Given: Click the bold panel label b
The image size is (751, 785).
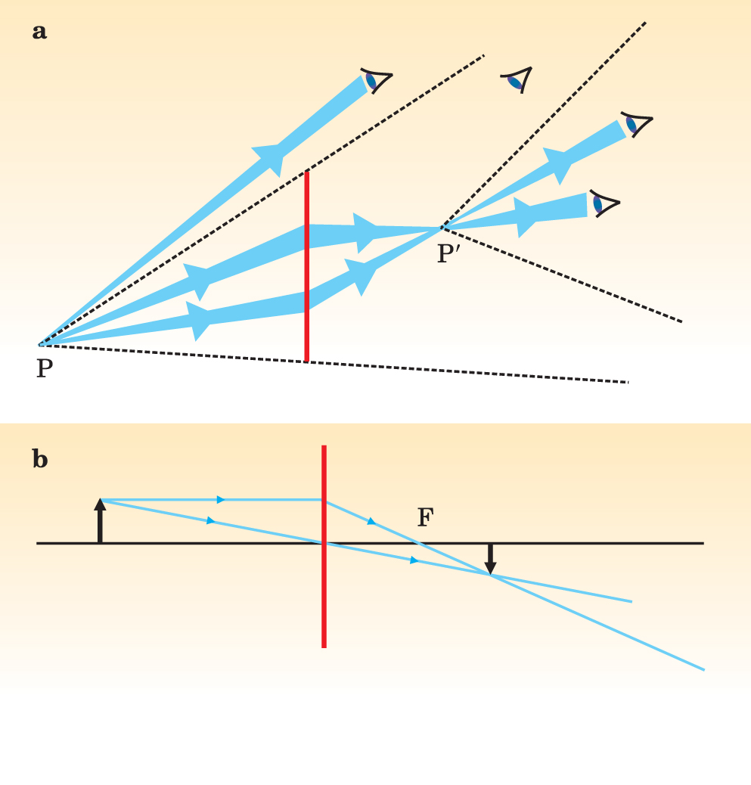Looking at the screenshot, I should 40,459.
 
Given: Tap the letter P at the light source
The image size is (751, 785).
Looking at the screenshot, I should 45,370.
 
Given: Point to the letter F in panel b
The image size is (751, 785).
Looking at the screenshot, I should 426,518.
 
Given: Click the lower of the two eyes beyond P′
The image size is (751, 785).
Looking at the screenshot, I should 604,203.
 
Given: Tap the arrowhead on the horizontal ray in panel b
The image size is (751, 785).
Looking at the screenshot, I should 221,499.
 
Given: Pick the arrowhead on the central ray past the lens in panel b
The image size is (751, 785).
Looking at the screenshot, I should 414,560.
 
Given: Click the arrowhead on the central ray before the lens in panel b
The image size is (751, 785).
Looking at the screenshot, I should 211,520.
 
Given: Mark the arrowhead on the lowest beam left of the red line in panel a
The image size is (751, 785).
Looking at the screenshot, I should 199,321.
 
